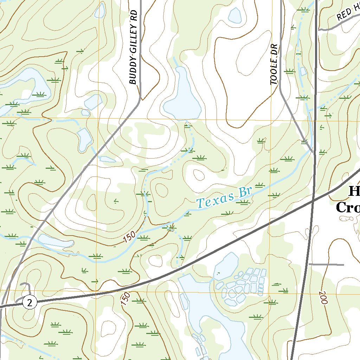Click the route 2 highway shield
(30, 302)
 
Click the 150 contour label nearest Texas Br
(129, 238)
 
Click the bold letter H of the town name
(354, 192)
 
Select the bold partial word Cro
(348, 207)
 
